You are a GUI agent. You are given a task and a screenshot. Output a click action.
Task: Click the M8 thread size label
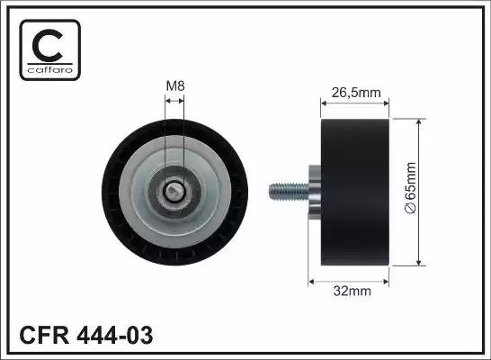click(175, 85)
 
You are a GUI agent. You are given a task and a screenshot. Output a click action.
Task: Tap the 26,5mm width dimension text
click(356, 93)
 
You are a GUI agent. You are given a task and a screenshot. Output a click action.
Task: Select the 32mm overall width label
click(352, 291)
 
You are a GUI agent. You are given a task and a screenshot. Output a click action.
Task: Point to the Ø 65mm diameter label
click(411, 188)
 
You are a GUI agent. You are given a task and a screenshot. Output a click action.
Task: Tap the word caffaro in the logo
click(50, 69)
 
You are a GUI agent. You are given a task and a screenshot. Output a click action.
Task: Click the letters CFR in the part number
click(44, 335)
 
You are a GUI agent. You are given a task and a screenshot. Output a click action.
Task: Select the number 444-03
click(115, 335)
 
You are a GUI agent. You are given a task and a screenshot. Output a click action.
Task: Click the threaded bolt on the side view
click(289, 192)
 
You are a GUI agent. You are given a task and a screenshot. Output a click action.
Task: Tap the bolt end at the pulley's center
click(173, 192)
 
